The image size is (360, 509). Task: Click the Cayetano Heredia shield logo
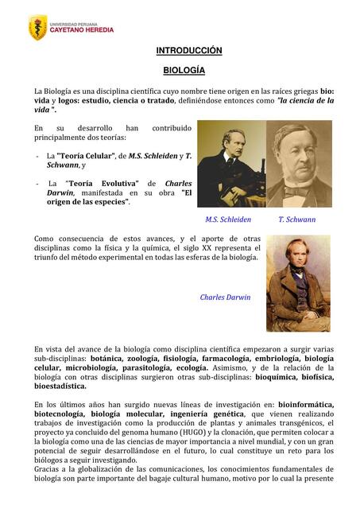(37, 28)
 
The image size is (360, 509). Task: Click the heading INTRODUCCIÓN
(188, 51)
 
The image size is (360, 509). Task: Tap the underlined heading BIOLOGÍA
(184, 70)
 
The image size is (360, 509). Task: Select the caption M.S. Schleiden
(227, 220)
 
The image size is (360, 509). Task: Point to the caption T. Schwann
(297, 220)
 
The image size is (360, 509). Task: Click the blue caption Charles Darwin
(225, 297)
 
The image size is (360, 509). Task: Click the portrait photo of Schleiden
(230, 164)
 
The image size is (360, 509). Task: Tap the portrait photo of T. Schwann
(299, 164)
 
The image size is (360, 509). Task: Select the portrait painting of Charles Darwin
(297, 282)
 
